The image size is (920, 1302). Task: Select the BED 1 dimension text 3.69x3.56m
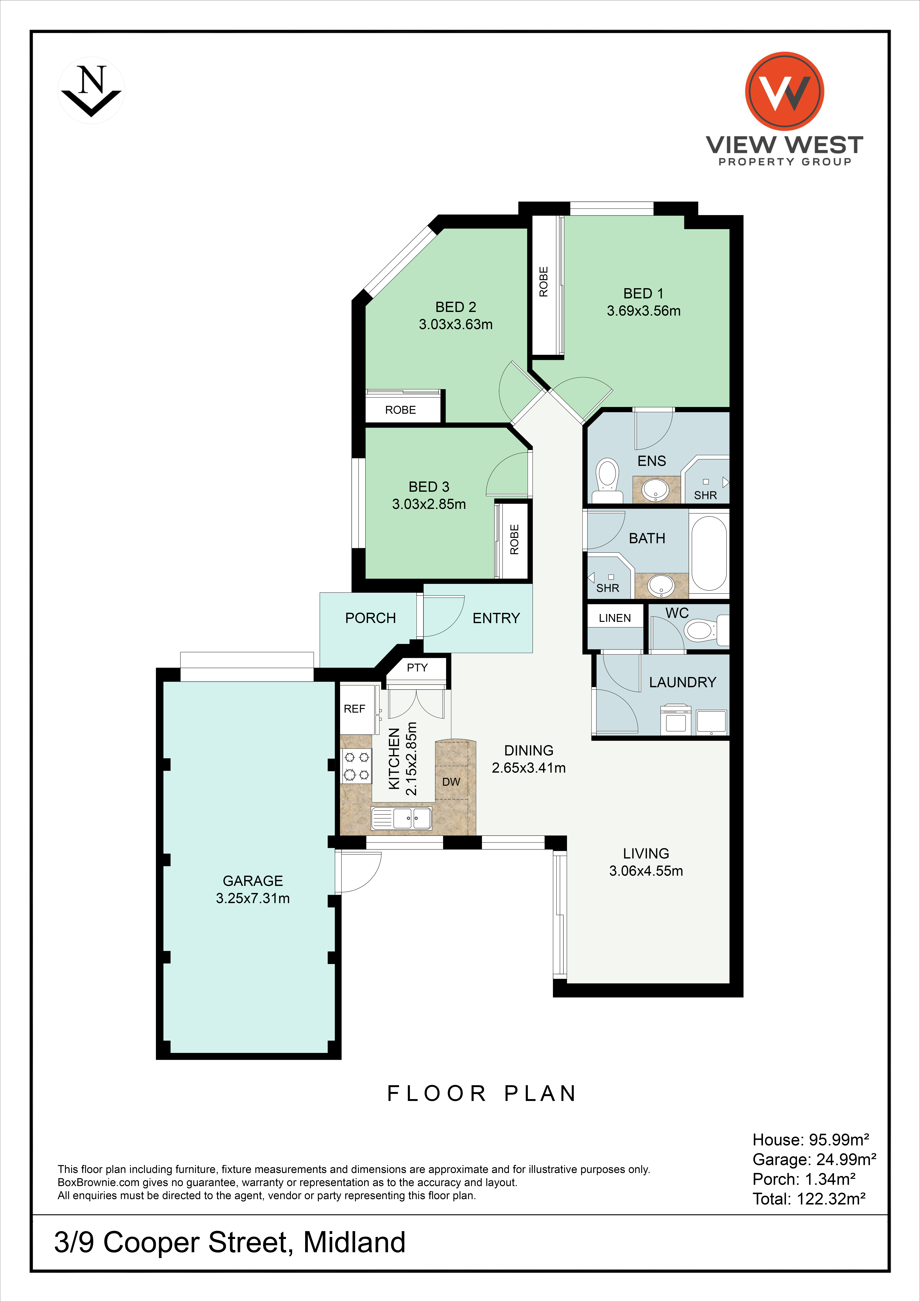[643, 311]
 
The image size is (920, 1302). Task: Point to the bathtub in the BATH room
[709, 553]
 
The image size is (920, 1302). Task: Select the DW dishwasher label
[451, 782]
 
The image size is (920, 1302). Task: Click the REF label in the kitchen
[354, 709]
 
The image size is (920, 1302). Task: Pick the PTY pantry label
[417, 667]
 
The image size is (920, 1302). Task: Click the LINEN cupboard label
[615, 618]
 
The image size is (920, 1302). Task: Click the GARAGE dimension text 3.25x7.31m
[253, 898]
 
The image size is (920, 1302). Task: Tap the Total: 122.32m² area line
[809, 1199]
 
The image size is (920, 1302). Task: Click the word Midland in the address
[354, 1242]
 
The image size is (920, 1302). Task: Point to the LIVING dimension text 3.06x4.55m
[646, 871]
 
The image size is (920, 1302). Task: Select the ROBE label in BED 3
[514, 539]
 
